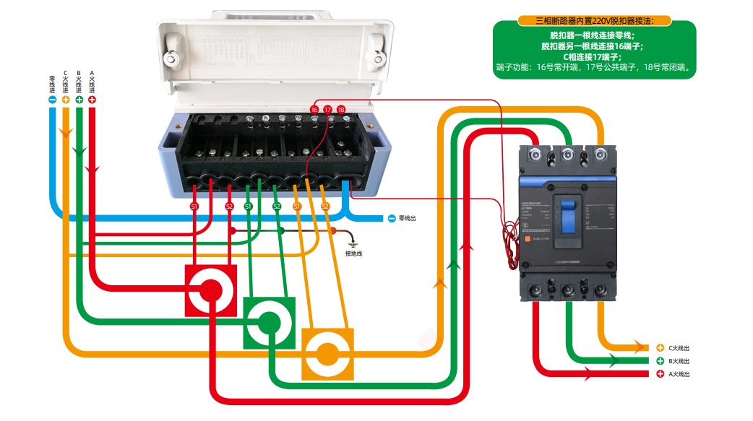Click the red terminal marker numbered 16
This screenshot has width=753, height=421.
pyautogui.click(x=314, y=109)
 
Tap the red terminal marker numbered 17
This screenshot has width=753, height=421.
pyautogui.click(x=328, y=109)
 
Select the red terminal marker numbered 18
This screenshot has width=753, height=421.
pyautogui.click(x=342, y=109)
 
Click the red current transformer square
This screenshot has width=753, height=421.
pyautogui.click(x=211, y=290)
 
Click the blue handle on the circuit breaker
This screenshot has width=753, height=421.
pyautogui.click(x=568, y=210)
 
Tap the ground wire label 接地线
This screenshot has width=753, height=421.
pyautogui.click(x=353, y=253)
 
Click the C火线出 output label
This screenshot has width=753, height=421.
pyautogui.click(x=678, y=348)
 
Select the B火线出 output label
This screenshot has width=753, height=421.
pyautogui.click(x=678, y=361)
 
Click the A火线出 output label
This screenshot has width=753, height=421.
pyautogui.click(x=678, y=374)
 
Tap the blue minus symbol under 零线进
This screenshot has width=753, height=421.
pyautogui.click(x=52, y=100)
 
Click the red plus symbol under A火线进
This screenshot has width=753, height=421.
pyautogui.click(x=92, y=100)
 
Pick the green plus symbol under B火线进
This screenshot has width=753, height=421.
pyautogui.click(x=79, y=100)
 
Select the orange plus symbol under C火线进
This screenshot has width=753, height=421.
pyautogui.click(x=66, y=100)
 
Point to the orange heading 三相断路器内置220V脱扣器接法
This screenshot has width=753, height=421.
pyautogui.click(x=594, y=21)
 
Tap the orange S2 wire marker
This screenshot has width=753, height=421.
pyautogui.click(x=324, y=207)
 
